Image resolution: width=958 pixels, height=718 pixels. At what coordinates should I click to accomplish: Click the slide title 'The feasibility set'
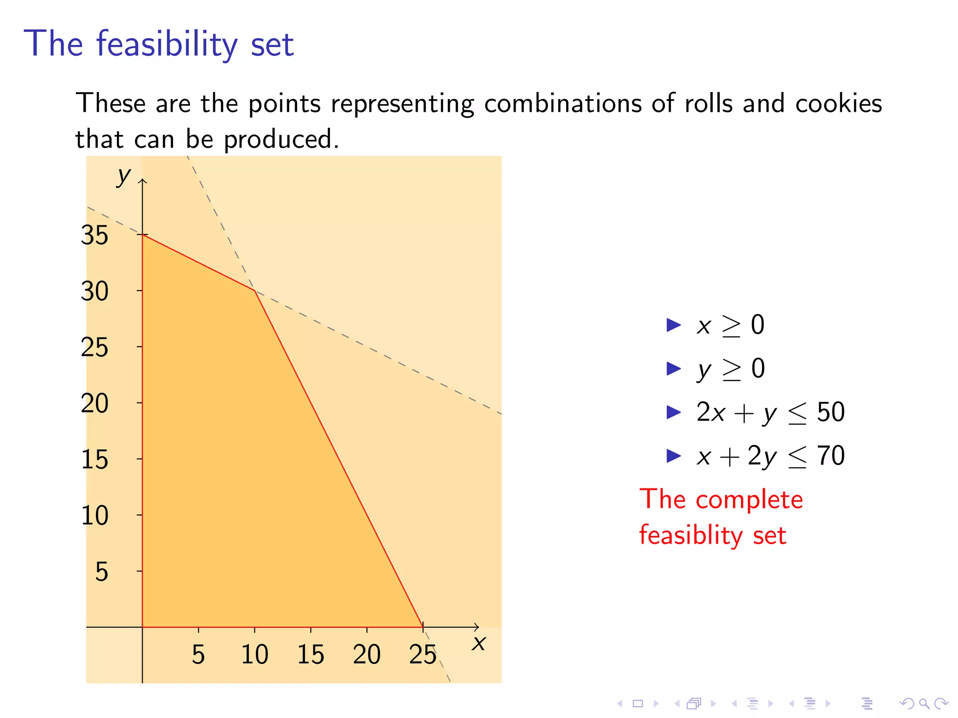(x=159, y=43)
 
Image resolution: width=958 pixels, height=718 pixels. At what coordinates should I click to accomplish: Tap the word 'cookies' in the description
(x=838, y=103)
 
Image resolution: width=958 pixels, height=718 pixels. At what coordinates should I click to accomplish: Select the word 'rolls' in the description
(x=708, y=103)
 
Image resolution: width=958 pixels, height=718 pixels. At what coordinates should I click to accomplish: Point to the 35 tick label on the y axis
(x=94, y=235)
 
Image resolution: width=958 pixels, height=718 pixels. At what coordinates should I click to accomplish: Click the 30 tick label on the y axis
(x=94, y=291)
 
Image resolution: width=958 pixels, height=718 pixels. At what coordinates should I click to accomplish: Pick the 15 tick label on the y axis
(x=94, y=460)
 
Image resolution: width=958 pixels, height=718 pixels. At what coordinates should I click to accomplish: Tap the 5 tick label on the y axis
(x=102, y=572)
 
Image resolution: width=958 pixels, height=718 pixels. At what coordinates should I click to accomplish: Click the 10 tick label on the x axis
(x=254, y=654)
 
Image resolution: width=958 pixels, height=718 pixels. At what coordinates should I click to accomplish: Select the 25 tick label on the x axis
(x=422, y=654)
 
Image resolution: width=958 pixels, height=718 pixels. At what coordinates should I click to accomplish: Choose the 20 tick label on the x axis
(x=366, y=654)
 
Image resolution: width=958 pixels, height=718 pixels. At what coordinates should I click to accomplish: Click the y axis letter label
(x=124, y=176)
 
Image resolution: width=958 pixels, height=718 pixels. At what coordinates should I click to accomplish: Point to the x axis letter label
(x=479, y=643)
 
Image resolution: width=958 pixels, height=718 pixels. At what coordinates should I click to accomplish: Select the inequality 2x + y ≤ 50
(x=770, y=413)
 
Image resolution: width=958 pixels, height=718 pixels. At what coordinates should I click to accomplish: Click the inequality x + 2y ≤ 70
(x=770, y=456)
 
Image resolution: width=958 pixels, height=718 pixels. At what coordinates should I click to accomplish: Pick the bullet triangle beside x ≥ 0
(x=673, y=325)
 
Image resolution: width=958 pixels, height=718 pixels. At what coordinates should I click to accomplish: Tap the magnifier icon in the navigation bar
(x=924, y=703)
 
